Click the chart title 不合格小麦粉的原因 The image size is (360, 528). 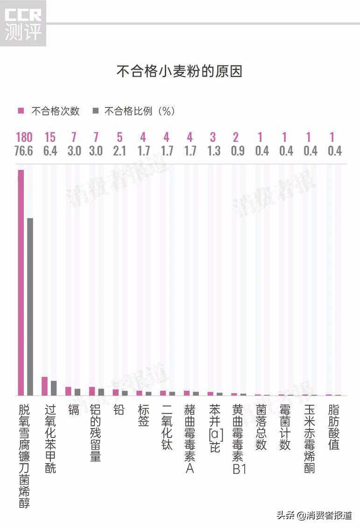(179, 71)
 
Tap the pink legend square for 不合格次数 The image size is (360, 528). (21, 111)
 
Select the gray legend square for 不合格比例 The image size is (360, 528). (95, 111)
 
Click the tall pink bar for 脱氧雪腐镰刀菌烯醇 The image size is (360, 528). (21, 282)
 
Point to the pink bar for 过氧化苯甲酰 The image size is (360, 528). (44, 386)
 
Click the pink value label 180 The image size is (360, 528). (24, 137)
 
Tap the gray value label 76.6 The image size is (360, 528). (24, 151)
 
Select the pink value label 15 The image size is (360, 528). (49, 137)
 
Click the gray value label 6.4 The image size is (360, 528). (49, 151)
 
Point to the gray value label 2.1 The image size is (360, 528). (120, 151)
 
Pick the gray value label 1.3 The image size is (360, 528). (213, 151)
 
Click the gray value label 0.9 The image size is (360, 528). (238, 151)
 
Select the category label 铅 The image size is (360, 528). (119, 410)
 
